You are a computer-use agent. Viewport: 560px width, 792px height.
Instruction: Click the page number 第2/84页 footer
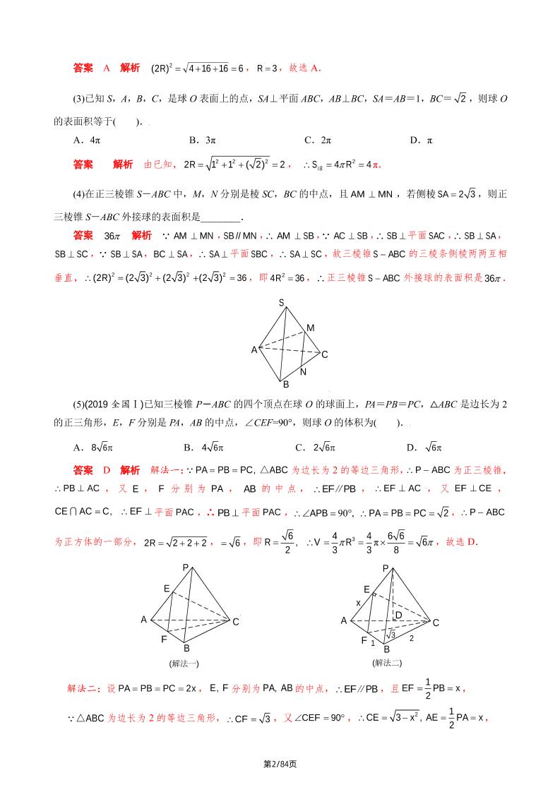click(280, 764)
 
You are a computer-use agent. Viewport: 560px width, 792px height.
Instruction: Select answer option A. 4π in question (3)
click(87, 140)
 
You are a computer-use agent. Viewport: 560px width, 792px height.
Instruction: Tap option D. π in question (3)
click(421, 140)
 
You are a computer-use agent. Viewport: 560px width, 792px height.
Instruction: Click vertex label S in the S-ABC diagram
click(281, 303)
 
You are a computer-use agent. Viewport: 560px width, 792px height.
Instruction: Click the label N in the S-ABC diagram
click(303, 372)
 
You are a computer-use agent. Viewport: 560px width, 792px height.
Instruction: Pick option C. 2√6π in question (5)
click(315, 447)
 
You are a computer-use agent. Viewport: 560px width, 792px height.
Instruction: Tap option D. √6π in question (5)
click(424, 447)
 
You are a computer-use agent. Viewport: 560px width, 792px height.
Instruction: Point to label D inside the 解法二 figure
click(398, 616)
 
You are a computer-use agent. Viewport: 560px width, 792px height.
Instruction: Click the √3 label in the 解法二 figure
click(391, 635)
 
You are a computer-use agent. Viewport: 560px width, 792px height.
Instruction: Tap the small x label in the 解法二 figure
click(358, 603)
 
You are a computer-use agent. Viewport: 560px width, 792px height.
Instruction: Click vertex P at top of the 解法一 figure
click(186, 568)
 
